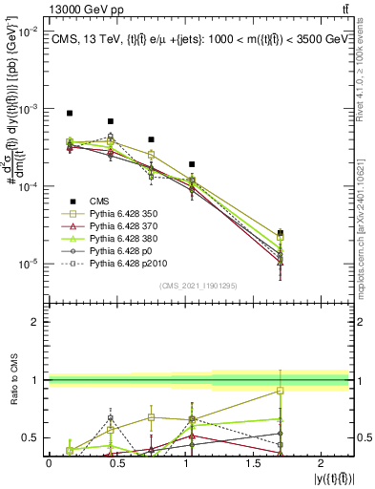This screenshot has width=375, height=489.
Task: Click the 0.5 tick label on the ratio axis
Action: click(x=34, y=438)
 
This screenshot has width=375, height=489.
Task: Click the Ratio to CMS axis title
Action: click(x=13, y=382)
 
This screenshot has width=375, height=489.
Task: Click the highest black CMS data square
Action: click(x=70, y=113)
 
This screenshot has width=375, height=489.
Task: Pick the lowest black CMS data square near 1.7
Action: click(x=280, y=232)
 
